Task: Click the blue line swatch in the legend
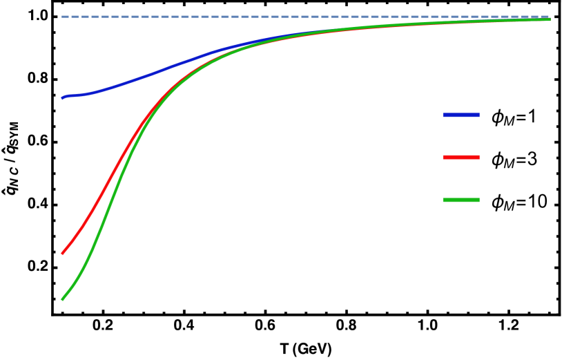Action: click(461, 115)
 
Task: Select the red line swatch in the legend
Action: click(461, 158)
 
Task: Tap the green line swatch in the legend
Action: click(461, 200)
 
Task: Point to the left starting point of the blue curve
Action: click(62, 98)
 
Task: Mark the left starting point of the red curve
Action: click(62, 254)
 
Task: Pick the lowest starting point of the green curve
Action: click(62, 299)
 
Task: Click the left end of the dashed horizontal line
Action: click(62, 17)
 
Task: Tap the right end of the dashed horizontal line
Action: click(550, 17)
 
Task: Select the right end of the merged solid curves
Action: click(550, 19)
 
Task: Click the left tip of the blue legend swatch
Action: click(443, 115)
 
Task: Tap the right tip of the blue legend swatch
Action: click(479, 115)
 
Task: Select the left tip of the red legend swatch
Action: click(443, 158)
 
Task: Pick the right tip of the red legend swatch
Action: click(479, 158)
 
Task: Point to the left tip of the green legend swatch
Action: click(443, 200)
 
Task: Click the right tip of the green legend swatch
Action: click(479, 200)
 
